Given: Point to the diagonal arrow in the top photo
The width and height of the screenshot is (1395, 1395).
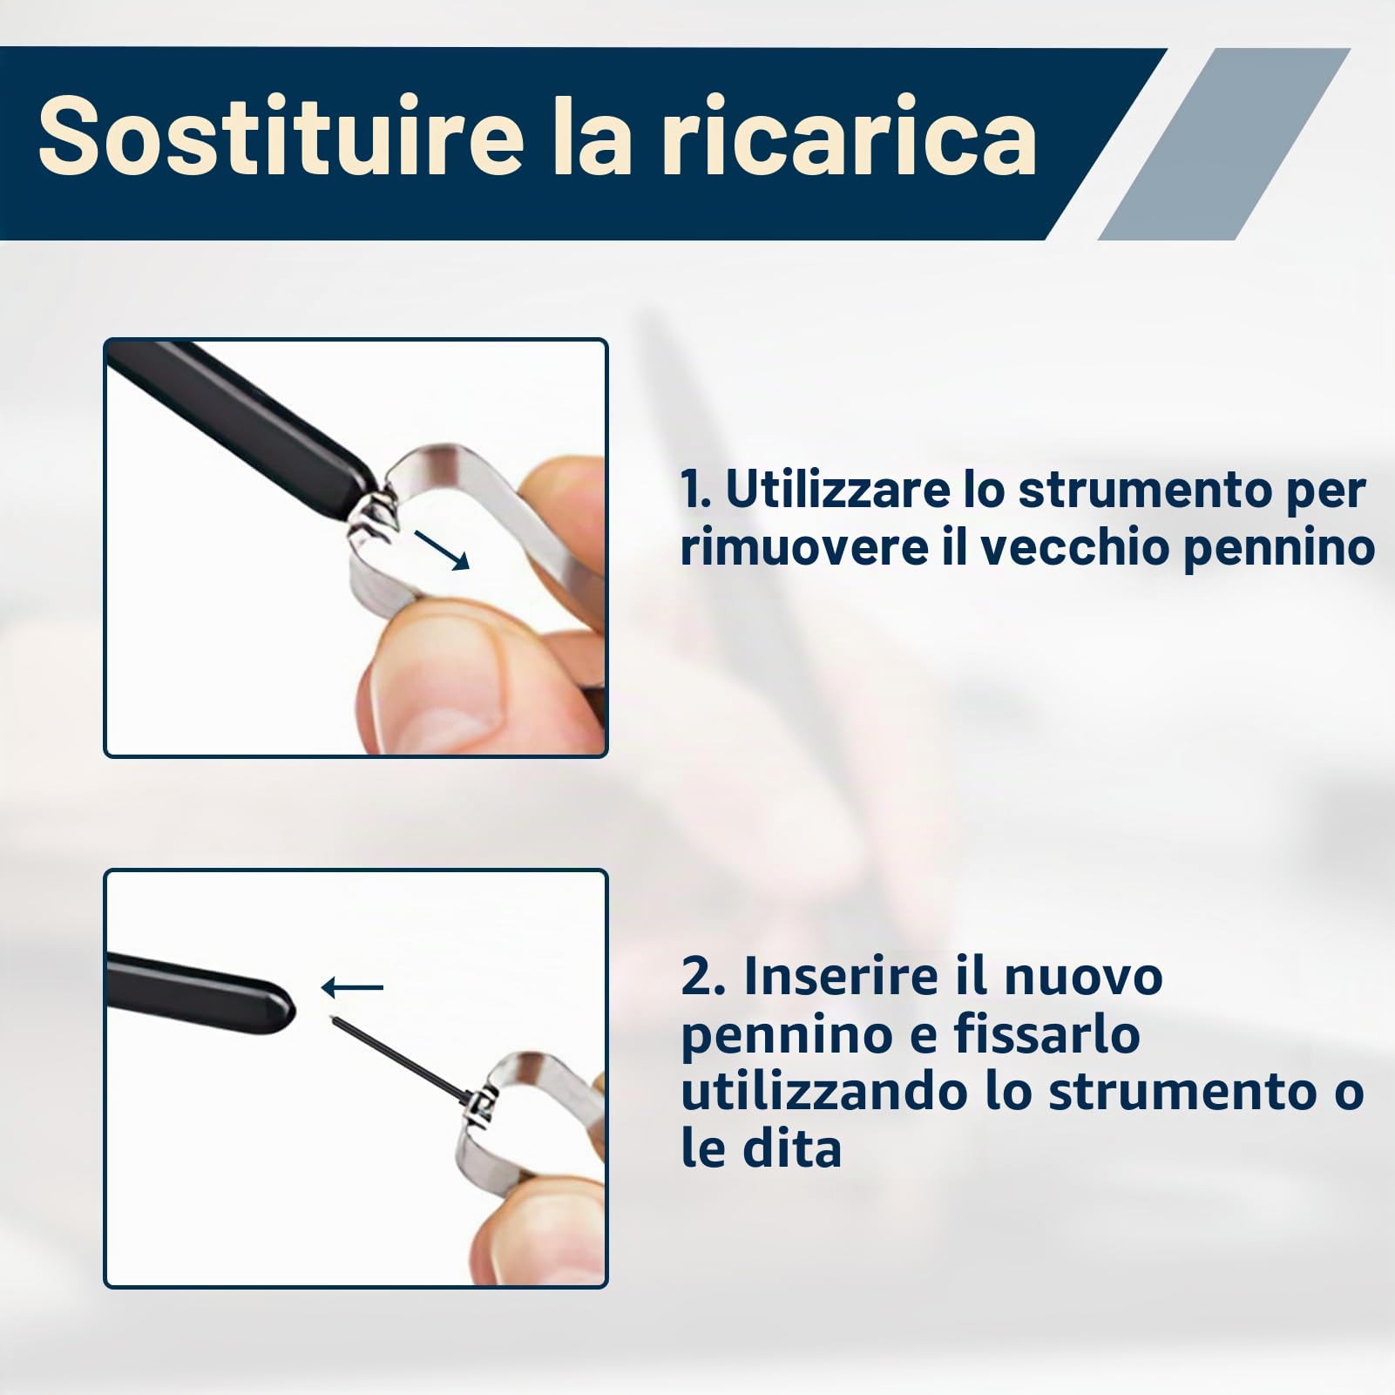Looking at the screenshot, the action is (442, 549).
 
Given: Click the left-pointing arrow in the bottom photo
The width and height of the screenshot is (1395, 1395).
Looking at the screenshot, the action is (352, 987).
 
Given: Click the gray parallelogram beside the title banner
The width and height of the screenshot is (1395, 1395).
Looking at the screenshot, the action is (1224, 143).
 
